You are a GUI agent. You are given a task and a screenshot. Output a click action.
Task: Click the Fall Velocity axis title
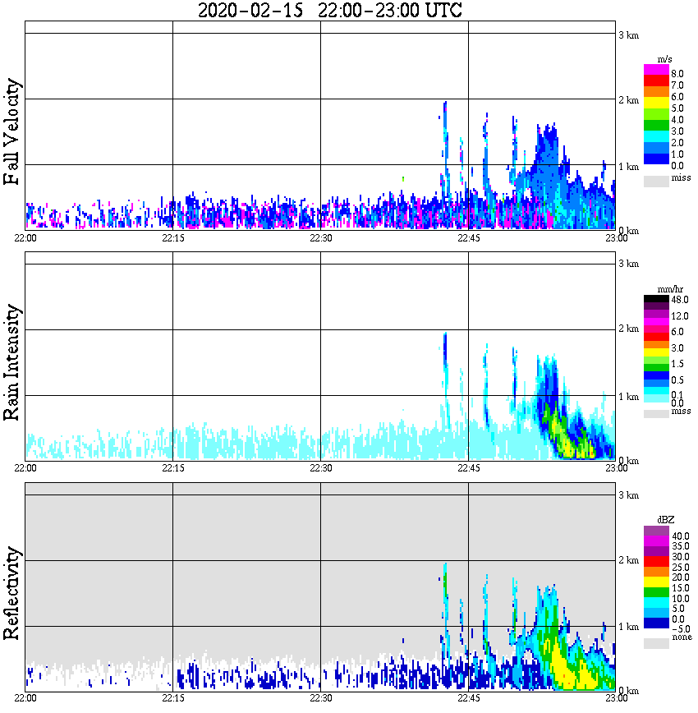pos(13,132)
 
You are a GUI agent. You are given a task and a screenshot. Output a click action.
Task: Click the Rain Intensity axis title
pos(13,362)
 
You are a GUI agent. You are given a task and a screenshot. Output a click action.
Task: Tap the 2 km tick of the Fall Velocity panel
pos(628,100)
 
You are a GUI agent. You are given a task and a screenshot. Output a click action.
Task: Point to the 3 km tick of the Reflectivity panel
pos(628,495)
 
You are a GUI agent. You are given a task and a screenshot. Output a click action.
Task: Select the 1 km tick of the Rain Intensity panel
pos(628,397)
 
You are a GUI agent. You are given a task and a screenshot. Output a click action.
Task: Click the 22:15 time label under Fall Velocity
pos(172,238)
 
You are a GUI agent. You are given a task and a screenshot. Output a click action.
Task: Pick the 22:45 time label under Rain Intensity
pos(468,468)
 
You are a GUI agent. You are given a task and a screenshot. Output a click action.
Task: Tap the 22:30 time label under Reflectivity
pos(320,698)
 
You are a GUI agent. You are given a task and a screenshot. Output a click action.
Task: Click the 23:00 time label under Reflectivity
pos(617,698)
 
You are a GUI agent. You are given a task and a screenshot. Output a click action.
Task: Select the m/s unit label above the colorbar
pos(665,59)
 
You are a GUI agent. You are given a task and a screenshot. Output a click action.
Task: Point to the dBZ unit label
pos(665,520)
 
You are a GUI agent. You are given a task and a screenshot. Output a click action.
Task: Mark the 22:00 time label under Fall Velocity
pos(25,238)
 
